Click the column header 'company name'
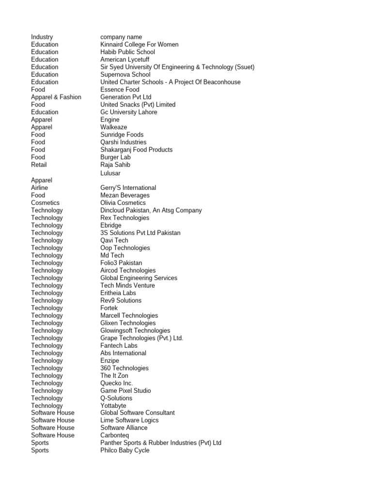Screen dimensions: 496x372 (121, 37)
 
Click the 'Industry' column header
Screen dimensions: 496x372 (42, 37)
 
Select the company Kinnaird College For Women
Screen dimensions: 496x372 (139, 45)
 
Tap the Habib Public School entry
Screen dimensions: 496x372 (127, 52)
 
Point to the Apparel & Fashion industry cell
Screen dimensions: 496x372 (56, 97)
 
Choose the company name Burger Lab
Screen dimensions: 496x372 (115, 157)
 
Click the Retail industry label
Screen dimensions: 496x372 (39, 165)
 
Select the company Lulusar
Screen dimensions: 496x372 (110, 173)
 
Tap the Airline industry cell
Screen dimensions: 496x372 (40, 187)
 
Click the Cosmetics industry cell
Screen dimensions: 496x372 (46, 202)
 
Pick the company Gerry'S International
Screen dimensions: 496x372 (128, 187)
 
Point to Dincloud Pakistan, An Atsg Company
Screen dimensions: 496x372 (151, 210)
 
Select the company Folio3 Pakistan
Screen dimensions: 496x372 (121, 263)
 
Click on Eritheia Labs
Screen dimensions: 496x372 (118, 293)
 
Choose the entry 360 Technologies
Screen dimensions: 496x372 (124, 368)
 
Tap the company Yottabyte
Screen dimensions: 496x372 (113, 405)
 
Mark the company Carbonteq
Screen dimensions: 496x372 (115, 435)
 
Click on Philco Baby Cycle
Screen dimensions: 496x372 (124, 450)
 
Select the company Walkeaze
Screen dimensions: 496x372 (114, 127)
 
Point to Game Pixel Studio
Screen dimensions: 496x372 (125, 390)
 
